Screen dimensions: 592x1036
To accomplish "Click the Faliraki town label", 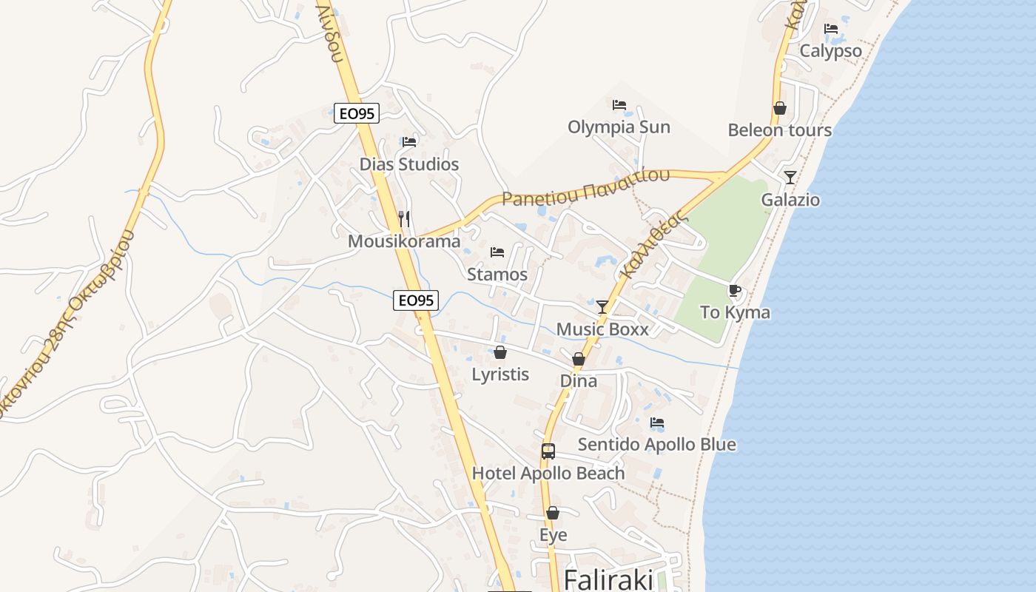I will click(608, 579).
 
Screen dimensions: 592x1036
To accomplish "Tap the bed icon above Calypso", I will click(831, 30).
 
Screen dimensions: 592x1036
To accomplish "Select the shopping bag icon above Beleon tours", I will click(779, 109).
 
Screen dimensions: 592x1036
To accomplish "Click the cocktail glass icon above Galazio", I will click(790, 178).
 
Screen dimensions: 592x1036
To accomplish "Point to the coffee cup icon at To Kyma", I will click(734, 290).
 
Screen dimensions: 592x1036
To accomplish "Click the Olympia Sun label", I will click(619, 127).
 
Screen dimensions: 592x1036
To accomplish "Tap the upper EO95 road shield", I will click(357, 113).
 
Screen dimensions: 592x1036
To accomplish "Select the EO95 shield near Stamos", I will click(416, 300).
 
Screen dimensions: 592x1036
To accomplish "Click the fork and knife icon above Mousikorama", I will click(404, 218).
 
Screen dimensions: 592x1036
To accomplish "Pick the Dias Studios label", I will click(409, 164).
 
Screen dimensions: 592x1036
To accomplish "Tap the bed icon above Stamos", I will click(497, 252).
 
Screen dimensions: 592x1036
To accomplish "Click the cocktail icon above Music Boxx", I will click(602, 306).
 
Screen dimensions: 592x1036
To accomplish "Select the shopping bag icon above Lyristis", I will click(500, 352).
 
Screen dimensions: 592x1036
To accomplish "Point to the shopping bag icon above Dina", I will click(579, 359).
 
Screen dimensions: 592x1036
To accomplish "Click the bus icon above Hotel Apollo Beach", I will click(548, 451).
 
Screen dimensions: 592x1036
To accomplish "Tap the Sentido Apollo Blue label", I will click(656, 445).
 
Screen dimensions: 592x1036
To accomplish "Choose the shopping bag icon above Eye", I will click(553, 513).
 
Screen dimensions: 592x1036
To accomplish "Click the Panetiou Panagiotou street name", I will click(585, 187).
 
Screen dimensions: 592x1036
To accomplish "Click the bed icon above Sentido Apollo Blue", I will click(656, 423).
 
